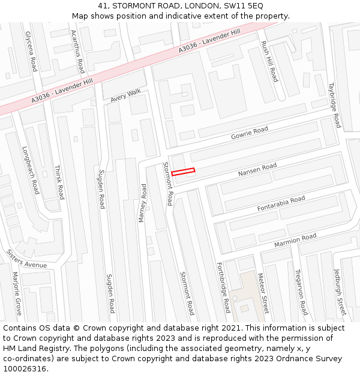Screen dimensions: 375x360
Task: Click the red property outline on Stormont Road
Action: [183, 172]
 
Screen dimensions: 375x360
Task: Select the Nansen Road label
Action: [257, 170]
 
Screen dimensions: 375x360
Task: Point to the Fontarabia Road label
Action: [281, 203]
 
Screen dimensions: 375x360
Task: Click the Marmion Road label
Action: [295, 241]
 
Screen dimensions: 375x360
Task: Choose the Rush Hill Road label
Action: [269, 61]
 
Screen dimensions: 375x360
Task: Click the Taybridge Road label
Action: [334, 105]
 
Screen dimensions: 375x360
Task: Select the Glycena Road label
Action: [31, 51]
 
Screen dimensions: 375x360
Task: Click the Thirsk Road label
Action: [59, 182]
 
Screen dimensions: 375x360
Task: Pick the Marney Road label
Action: [143, 203]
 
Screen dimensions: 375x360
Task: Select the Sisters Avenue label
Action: [26, 259]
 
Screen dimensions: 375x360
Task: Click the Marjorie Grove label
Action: [17, 294]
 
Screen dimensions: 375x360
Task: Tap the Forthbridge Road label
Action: [223, 287]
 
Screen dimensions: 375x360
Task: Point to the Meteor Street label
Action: [263, 293]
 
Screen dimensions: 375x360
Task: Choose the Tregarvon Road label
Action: [301, 292]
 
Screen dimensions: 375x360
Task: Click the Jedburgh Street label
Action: [340, 292]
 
